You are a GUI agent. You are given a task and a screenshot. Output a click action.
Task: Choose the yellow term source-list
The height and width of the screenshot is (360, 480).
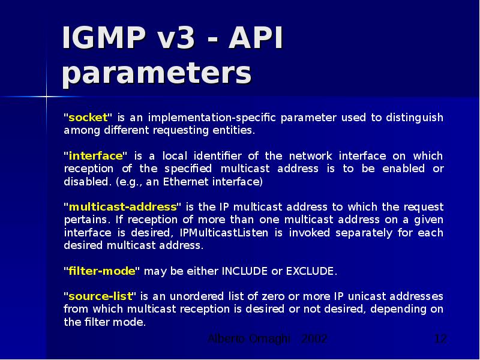101,296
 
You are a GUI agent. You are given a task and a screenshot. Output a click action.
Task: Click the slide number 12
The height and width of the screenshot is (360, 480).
440,339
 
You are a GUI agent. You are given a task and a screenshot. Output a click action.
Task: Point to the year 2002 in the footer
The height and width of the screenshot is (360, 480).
314,339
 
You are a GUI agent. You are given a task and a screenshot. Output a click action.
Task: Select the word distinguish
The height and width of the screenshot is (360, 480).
414,117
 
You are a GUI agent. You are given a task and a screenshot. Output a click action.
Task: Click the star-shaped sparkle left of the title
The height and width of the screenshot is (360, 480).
46,95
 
